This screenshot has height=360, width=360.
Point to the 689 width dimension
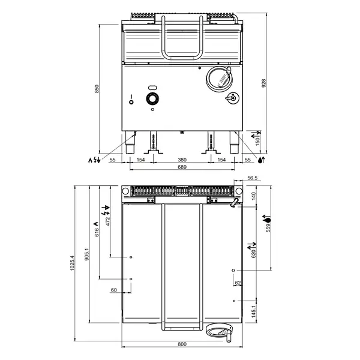tap(182, 168)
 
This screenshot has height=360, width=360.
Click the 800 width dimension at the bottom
tap(182, 344)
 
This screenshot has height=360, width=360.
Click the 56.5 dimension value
tap(253, 178)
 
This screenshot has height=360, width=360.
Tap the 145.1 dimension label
tap(253, 310)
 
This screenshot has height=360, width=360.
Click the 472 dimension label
tap(108, 220)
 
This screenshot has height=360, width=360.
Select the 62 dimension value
tap(238, 283)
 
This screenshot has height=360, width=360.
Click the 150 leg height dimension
tap(259, 140)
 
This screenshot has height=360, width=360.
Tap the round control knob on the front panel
tap(153, 99)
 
